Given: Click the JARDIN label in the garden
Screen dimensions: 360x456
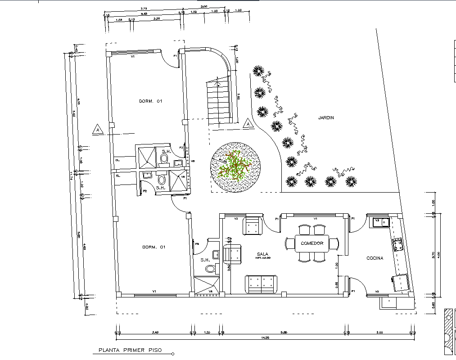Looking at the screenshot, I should [x=326, y=118].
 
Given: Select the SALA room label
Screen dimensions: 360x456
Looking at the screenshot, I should [x=263, y=254].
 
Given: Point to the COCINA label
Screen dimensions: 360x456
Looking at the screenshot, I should [x=375, y=258].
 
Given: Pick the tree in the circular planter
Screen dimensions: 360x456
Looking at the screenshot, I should [x=235, y=167].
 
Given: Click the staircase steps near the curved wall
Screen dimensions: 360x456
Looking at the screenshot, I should [x=220, y=103].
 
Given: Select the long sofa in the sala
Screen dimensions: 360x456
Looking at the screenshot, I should [x=261, y=283].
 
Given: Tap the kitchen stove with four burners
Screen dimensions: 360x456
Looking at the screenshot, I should [x=398, y=245].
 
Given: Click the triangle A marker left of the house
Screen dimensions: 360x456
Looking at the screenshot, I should [x=98, y=130].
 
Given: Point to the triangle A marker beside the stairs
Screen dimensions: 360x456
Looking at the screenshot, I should [x=247, y=123].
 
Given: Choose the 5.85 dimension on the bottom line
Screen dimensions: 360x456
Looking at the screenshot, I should [x=284, y=333].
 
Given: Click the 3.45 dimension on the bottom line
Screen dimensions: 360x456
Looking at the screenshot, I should [x=156, y=333].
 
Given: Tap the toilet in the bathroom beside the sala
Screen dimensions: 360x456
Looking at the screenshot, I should [x=210, y=269].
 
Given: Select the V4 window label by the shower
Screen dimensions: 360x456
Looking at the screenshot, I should [x=211, y=292].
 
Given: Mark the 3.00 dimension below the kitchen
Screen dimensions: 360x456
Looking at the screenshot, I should [x=379, y=333].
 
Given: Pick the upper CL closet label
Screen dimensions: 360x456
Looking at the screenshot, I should [x=117, y=160].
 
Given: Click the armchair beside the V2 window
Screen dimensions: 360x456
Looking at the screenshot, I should [x=253, y=226].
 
